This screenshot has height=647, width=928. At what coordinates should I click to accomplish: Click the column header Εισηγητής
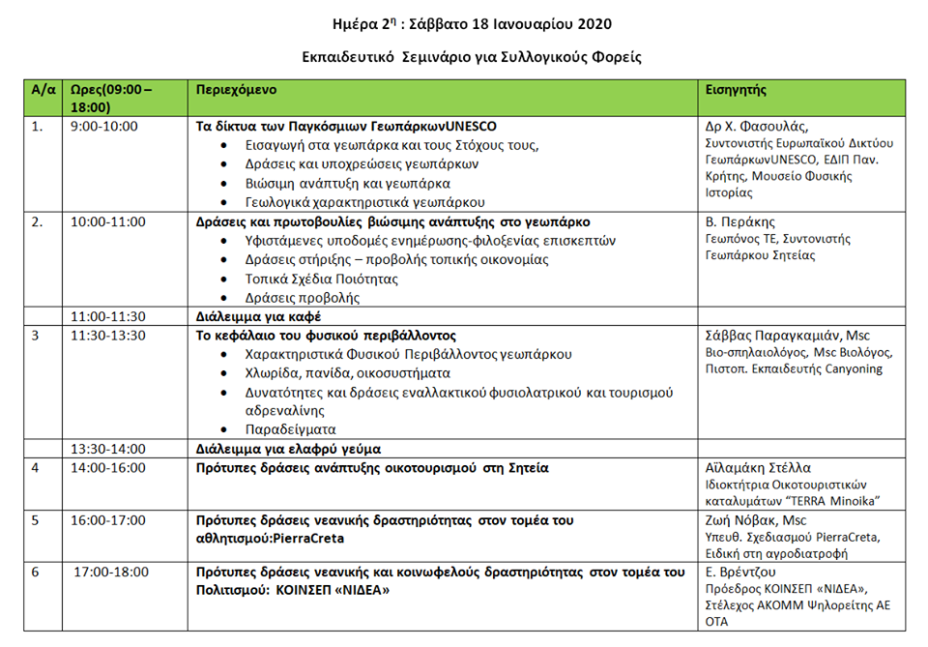(737, 89)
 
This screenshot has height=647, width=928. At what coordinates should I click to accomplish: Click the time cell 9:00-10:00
(104, 127)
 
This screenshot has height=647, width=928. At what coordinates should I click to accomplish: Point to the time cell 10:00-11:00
(108, 221)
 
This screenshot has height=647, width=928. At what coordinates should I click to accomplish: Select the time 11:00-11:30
(108, 316)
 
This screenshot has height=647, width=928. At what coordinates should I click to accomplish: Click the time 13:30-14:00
(108, 449)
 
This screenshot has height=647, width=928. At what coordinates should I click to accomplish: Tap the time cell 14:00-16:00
(108, 468)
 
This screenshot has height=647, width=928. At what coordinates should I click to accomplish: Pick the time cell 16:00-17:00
(108, 520)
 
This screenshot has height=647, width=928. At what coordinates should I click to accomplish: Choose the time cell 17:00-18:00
(112, 572)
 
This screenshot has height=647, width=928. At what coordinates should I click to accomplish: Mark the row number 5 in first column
(37, 520)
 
